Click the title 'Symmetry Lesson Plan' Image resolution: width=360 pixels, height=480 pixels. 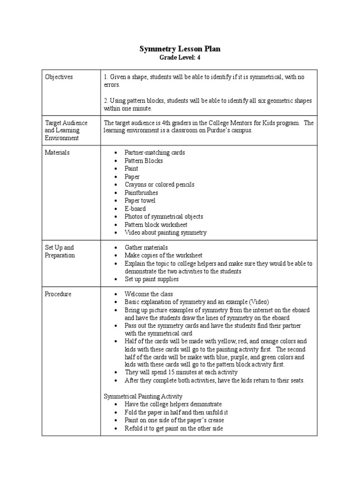[x=180, y=49]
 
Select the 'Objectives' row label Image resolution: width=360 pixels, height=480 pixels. [x=59, y=77]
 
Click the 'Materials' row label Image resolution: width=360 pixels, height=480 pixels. [x=57, y=152]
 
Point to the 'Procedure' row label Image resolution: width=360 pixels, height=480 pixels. [x=58, y=294]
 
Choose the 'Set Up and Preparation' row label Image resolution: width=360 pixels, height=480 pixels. [x=60, y=251]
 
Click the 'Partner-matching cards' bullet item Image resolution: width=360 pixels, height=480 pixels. [x=154, y=152]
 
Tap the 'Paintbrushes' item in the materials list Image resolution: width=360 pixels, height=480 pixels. [x=141, y=193]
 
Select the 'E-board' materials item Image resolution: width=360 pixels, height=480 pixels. [x=135, y=209]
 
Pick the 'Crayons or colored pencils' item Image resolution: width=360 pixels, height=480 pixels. [x=159, y=185]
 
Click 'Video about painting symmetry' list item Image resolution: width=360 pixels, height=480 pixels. [x=165, y=232]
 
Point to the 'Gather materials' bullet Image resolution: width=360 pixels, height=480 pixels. [x=146, y=247]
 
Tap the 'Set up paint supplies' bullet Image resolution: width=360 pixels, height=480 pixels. [x=151, y=279]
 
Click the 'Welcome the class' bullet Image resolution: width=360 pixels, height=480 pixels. [x=149, y=294]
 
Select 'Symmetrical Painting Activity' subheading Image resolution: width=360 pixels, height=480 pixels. [x=143, y=396]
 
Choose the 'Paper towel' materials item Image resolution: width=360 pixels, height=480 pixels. [x=140, y=201]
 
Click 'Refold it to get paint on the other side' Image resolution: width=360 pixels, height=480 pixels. [x=173, y=428]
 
